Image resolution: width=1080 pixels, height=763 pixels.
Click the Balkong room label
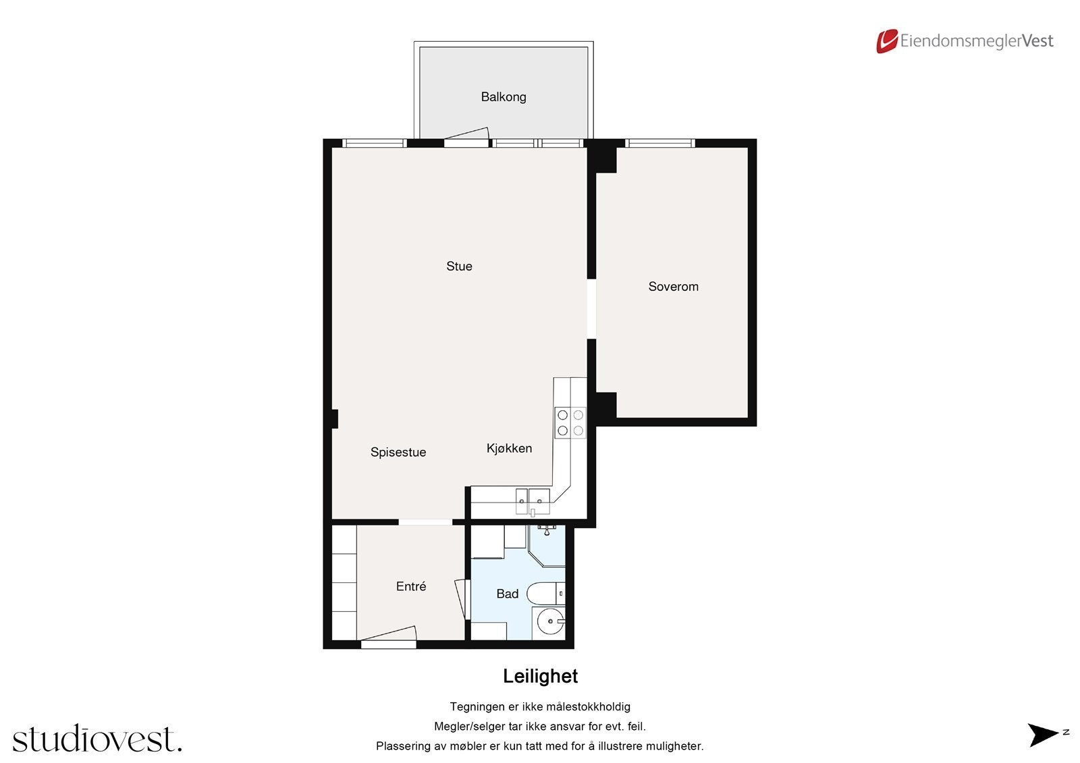point(504,97)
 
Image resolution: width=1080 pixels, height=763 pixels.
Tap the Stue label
point(459,266)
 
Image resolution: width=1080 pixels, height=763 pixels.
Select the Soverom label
point(673,286)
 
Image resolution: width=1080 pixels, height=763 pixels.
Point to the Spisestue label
point(398,452)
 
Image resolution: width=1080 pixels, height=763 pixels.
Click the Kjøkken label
point(509,448)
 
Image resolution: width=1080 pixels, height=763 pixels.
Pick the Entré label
point(411,586)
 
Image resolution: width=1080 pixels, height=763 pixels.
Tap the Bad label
point(507,594)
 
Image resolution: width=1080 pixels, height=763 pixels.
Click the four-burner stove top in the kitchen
point(570,423)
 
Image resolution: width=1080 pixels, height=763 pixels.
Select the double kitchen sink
point(533,502)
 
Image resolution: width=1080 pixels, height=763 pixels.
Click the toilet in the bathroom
point(546,594)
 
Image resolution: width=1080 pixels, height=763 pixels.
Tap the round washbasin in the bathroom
point(549,621)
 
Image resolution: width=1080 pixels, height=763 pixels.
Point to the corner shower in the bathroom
point(547,546)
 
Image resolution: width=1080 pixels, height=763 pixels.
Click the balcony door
point(466,137)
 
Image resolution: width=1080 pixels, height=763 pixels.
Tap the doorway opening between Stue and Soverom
point(591,309)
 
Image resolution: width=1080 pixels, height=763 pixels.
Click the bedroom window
point(660,143)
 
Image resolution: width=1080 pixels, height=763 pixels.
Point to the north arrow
point(1042,735)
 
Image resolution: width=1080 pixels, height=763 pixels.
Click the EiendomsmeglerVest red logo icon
point(887,41)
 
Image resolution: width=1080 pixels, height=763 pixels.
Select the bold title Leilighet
point(540,676)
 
